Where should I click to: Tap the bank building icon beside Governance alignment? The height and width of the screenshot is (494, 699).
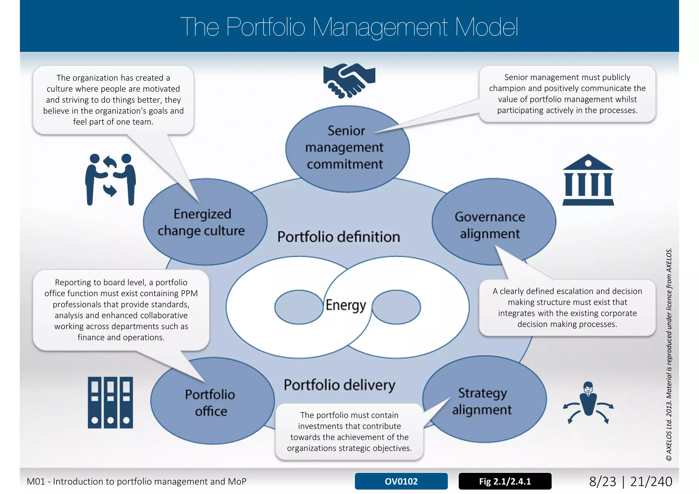(x=588, y=180)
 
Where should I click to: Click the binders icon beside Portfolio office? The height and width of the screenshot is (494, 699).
(x=110, y=402)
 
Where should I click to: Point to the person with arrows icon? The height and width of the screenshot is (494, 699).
(x=588, y=403)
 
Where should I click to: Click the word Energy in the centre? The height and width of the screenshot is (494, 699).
(x=345, y=305)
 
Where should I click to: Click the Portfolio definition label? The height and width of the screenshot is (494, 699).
(x=338, y=237)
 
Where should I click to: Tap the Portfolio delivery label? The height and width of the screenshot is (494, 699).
(x=339, y=385)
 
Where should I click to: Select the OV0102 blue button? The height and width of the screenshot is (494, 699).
(x=401, y=481)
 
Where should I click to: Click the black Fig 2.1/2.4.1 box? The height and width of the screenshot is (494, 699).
(x=505, y=481)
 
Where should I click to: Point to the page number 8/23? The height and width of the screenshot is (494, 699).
(x=602, y=481)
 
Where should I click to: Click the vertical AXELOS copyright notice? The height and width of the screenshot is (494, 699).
(x=669, y=355)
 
